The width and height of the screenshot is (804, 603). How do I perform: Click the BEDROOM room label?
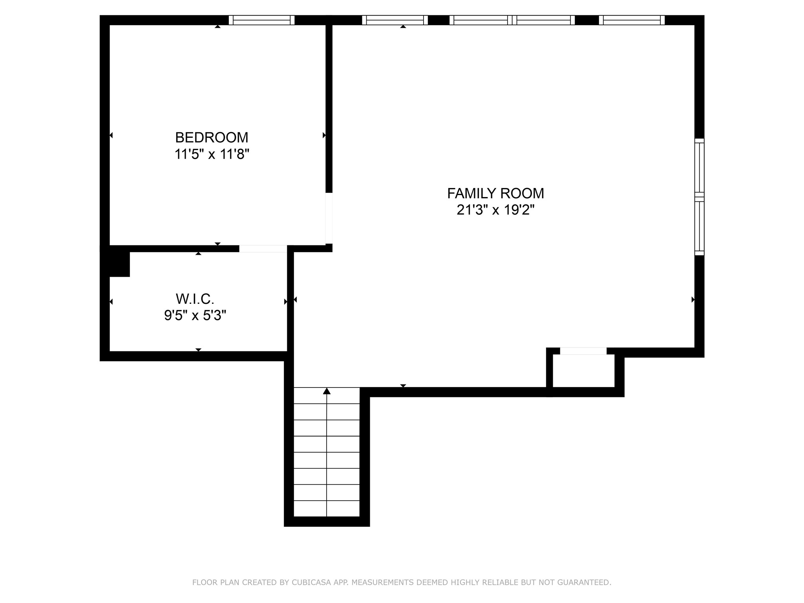(212, 137)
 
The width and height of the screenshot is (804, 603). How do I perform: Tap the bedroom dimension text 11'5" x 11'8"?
(212, 154)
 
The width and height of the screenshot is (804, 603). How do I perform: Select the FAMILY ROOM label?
(495, 193)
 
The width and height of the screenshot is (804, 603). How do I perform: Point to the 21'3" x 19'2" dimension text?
(495, 210)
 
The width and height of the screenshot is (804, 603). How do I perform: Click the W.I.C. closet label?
(195, 299)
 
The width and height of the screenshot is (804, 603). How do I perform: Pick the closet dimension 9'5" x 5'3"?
(195, 315)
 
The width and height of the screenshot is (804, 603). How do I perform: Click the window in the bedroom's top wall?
(261, 20)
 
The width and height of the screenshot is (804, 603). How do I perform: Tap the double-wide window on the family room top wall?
(512, 20)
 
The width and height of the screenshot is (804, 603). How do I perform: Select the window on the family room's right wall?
(699, 197)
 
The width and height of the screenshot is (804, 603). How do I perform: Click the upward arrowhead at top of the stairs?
(327, 391)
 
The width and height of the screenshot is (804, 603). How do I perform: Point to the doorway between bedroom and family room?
(329, 218)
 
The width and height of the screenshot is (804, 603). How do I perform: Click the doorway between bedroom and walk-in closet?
(263, 249)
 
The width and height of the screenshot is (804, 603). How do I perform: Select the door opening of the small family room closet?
(583, 351)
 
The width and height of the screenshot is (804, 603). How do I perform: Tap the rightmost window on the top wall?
(632, 20)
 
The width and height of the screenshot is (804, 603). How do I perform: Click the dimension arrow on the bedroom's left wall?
(111, 135)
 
